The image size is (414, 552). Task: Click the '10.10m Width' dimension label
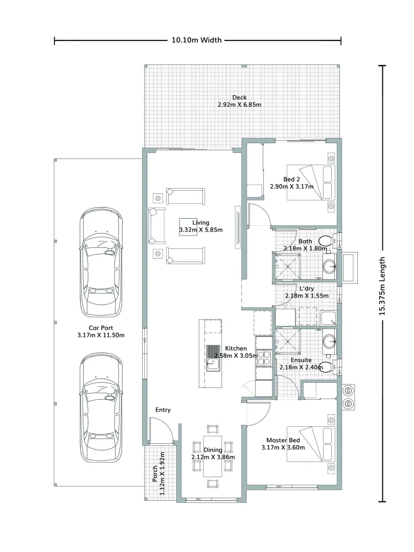tap(196, 40)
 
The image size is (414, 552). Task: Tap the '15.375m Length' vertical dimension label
tap(382, 286)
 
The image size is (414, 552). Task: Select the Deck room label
tap(239, 98)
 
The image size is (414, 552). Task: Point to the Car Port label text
tap(101, 328)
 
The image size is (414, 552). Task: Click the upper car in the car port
tap(101, 262)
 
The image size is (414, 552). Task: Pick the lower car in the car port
tap(101, 407)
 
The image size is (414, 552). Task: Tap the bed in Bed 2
tap(311, 182)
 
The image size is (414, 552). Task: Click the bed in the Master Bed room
tap(311, 444)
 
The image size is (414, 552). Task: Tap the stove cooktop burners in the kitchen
tap(264, 358)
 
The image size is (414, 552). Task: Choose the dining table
tap(213, 456)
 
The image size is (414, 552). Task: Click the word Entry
tap(163, 410)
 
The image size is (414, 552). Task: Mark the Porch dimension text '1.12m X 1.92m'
tap(163, 473)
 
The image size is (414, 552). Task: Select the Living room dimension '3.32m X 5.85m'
tap(201, 230)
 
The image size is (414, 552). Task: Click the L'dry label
tap(307, 288)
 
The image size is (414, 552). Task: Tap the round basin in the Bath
tap(330, 267)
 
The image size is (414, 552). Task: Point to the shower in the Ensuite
tap(288, 341)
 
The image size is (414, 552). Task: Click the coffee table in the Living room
tap(188, 227)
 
